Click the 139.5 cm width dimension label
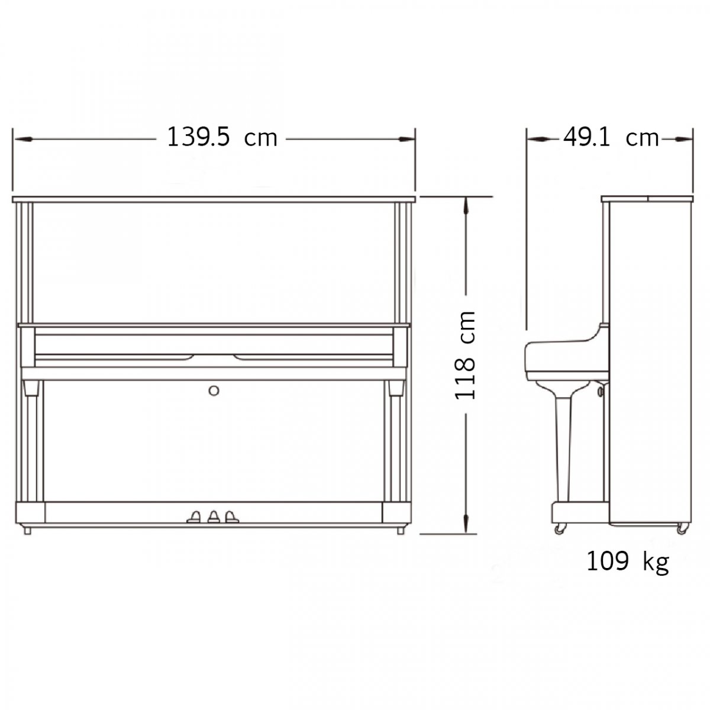click(222, 137)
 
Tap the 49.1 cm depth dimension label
click(611, 138)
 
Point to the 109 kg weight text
click(627, 562)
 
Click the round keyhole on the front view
click(214, 391)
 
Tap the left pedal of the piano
click(194, 517)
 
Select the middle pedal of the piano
click(214, 517)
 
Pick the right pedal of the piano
click(232, 517)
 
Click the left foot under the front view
click(27, 531)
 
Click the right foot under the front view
click(401, 531)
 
